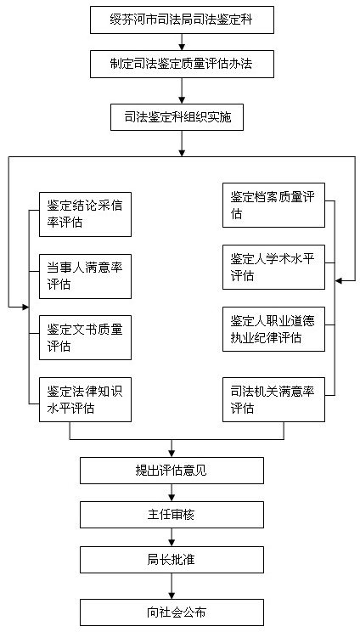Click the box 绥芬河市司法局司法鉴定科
point(182,20)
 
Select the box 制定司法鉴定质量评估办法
point(182,65)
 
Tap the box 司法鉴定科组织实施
point(177,117)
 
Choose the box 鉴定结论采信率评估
point(85,214)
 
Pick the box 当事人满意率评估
point(85,277)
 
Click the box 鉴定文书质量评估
point(85,338)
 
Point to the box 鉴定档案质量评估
point(274,206)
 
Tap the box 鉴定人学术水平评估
point(274,268)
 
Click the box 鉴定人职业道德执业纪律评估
point(274,330)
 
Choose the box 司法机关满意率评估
point(274,400)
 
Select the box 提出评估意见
point(172,471)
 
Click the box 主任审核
point(172,515)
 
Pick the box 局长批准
point(172,560)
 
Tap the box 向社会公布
point(172,612)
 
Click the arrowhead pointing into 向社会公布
point(172,596)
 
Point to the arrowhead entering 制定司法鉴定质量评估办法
point(182,48)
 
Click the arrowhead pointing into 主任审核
point(172,498)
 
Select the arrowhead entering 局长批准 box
point(172,544)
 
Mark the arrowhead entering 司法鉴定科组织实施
point(182,101)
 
